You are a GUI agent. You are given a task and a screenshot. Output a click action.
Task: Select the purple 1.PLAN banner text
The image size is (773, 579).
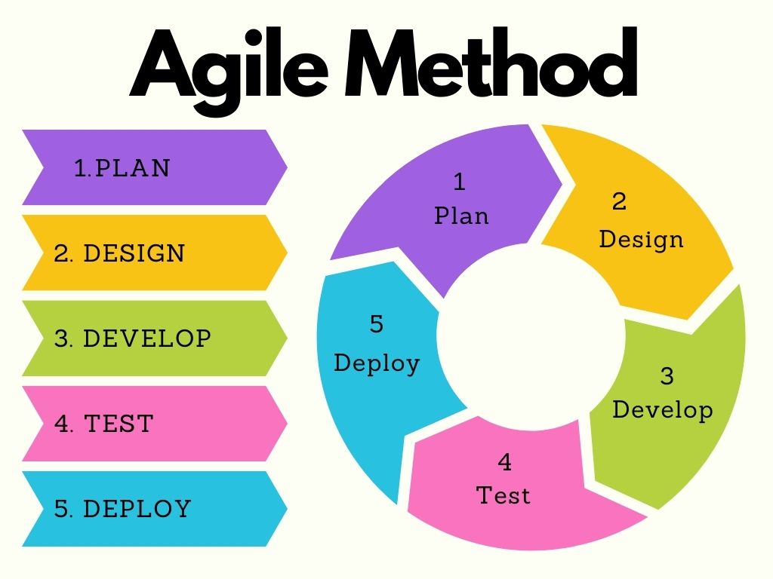(x=122, y=167)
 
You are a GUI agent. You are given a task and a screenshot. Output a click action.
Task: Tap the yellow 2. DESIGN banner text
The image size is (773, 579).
(x=119, y=253)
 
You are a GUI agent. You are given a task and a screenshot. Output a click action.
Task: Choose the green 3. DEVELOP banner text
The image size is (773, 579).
(x=133, y=338)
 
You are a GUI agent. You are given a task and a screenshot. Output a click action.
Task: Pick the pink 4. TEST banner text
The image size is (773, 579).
(x=104, y=423)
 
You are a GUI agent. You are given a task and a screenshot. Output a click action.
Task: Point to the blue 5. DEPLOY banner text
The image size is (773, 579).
(x=123, y=508)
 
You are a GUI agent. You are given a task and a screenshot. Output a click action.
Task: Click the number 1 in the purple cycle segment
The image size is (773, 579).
(x=459, y=182)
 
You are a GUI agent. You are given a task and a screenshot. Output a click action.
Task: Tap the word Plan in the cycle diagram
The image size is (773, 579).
(x=461, y=216)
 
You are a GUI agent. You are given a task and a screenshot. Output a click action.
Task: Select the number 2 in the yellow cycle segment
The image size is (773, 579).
(x=619, y=201)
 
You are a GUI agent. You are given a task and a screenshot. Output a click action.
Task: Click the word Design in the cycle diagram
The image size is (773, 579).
(x=641, y=239)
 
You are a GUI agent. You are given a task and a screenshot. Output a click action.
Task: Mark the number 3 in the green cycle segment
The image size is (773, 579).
(x=667, y=375)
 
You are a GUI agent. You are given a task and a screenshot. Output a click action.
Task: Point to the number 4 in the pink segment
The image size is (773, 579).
(x=504, y=461)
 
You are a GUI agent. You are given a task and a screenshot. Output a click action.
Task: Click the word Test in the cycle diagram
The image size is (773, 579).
(x=504, y=495)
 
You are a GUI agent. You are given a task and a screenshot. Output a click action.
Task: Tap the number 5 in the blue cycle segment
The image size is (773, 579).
(x=377, y=324)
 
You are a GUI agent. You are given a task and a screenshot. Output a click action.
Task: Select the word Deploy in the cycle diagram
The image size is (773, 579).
(x=377, y=363)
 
